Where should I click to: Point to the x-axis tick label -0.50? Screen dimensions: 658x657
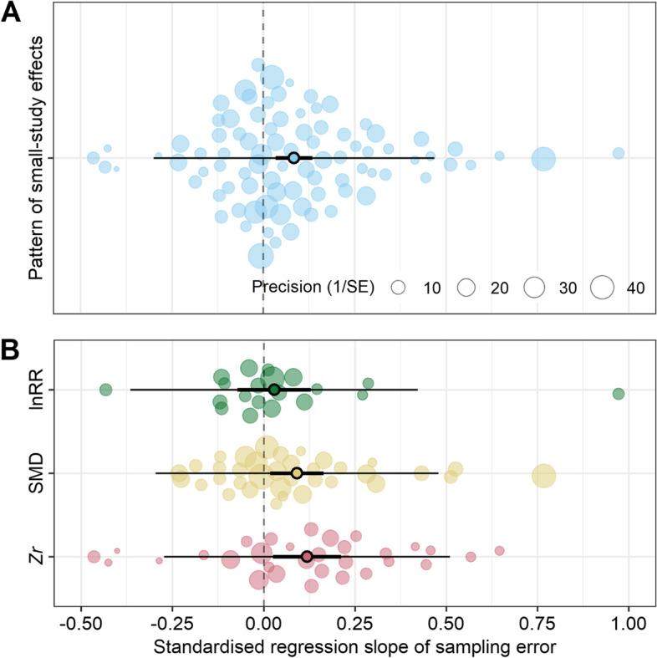[79, 625]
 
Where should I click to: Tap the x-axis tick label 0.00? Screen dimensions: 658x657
[264, 625]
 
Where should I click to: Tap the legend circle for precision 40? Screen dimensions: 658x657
[601, 288]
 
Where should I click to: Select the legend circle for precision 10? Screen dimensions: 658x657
[399, 288]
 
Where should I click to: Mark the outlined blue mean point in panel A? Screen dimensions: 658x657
[293, 157]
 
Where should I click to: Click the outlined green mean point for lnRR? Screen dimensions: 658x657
[274, 390]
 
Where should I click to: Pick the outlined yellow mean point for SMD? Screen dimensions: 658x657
[297, 473]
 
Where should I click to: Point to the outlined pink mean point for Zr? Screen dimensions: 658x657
[307, 556]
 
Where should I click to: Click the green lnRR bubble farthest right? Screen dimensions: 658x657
[619, 394]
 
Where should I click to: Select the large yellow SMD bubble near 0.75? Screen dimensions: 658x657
[544, 476]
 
